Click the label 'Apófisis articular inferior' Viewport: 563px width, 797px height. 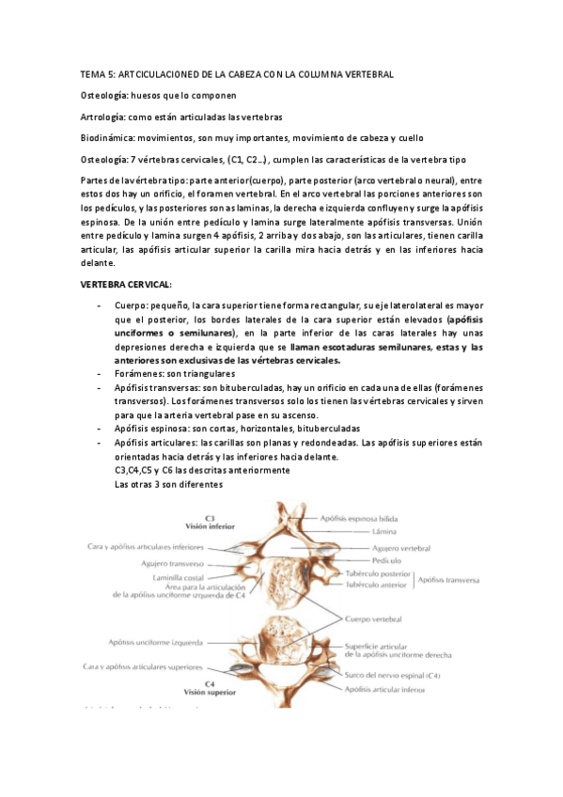[383, 689]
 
